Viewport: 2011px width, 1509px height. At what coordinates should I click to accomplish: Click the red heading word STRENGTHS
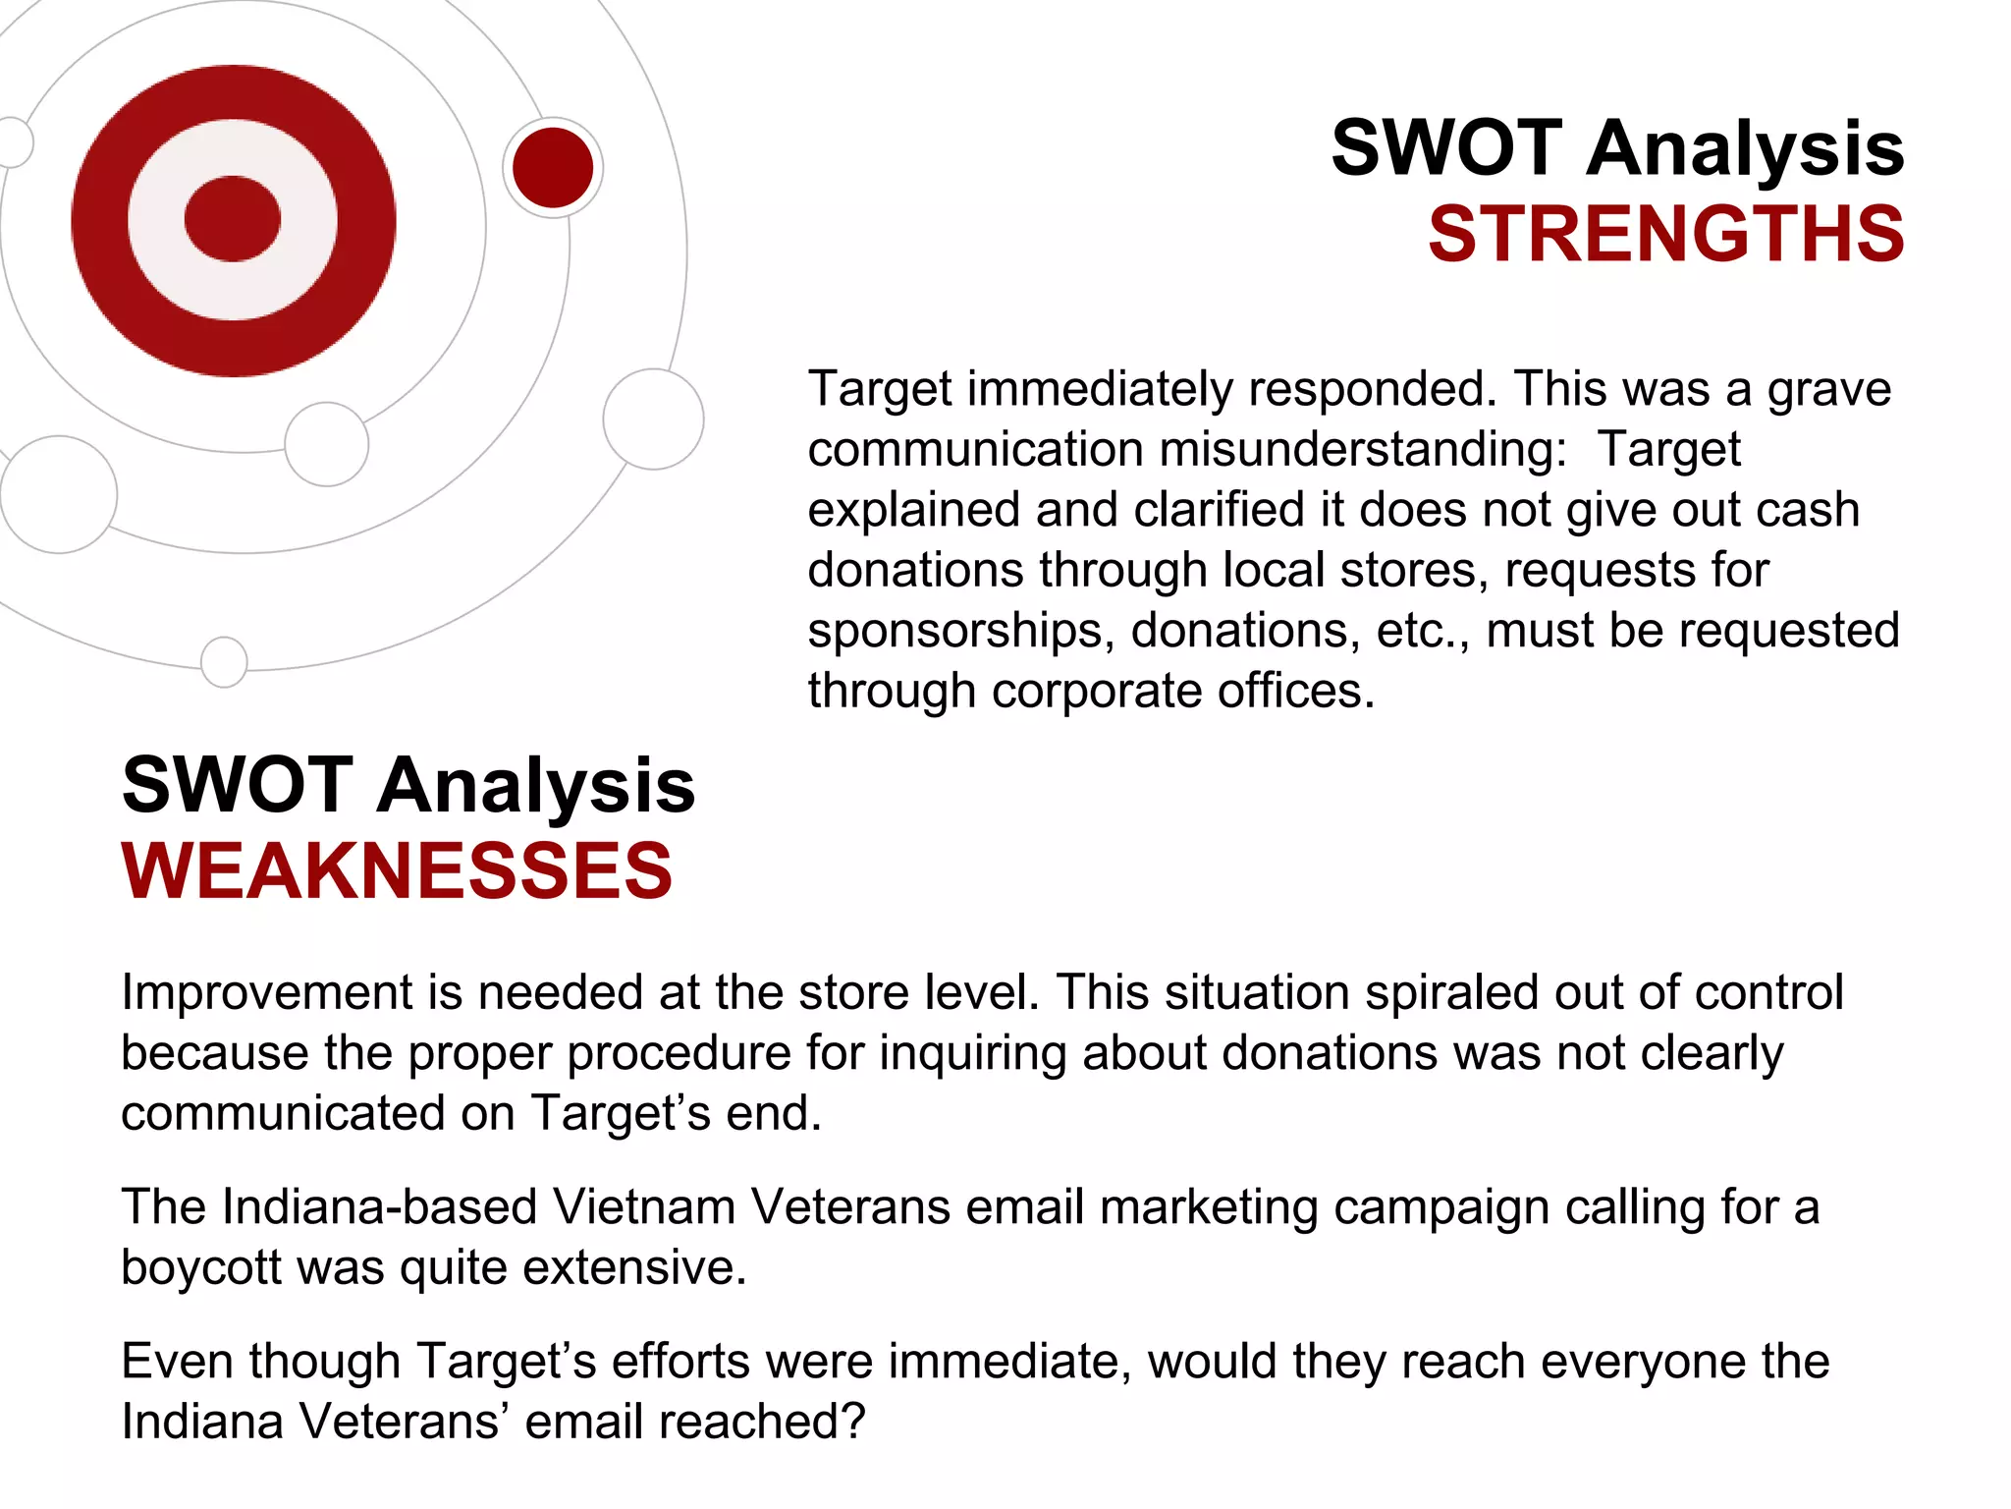pos(1665,235)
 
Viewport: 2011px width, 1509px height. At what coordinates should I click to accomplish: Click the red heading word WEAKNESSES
pos(397,871)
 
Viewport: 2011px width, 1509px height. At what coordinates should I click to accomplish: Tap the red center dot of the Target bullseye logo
pos(233,219)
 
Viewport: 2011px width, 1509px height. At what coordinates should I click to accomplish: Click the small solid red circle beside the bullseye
pos(553,168)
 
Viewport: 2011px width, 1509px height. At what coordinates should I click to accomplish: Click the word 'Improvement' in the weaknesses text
pos(266,992)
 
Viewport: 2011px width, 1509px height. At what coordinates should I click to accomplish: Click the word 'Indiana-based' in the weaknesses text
pos(380,1207)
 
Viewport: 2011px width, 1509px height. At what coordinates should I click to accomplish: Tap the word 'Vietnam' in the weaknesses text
pos(644,1207)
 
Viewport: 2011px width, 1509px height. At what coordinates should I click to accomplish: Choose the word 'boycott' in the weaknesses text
pos(201,1267)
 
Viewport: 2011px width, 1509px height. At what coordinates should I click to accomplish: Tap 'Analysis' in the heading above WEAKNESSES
pos(536,786)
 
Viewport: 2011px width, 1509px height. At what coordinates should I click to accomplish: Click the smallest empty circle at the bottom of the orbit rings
pos(224,662)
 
